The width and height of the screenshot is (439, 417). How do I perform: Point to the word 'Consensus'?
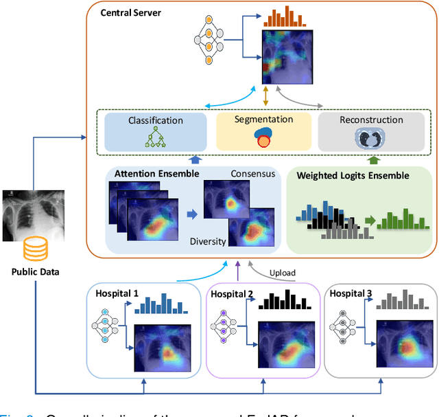(252, 173)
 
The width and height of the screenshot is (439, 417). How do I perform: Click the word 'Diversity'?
(208, 241)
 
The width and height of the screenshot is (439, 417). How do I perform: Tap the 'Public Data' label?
(35, 271)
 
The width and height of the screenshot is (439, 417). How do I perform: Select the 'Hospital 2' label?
(233, 293)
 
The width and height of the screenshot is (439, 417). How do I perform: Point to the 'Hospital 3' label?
(351, 293)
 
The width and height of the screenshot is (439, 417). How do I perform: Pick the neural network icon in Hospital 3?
(344, 324)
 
